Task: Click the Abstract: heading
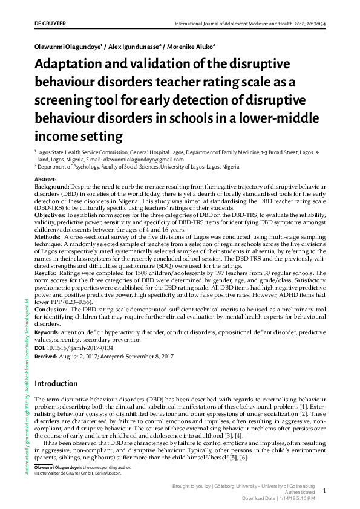tap(46, 180)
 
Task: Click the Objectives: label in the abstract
tap(50, 215)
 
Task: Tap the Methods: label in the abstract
tap(48, 238)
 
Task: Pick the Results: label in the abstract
tap(47, 273)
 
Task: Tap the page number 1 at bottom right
tap(324, 491)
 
